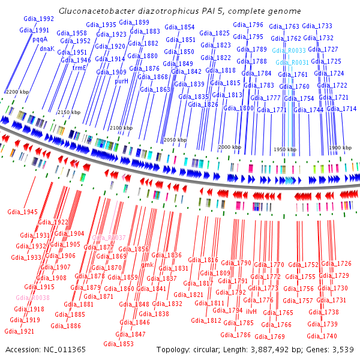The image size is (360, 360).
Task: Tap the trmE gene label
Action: tap(80, 68)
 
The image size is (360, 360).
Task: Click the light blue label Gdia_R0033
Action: tap(288, 51)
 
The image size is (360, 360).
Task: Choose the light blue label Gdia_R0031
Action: tap(292, 62)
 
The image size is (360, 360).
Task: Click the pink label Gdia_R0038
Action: tap(32, 298)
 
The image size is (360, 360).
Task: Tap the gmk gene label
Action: tap(148, 265)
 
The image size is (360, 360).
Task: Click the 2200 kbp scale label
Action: tap(17, 91)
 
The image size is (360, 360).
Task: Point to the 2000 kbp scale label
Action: tap(229, 147)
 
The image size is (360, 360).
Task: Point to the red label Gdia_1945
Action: tap(22, 212)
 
